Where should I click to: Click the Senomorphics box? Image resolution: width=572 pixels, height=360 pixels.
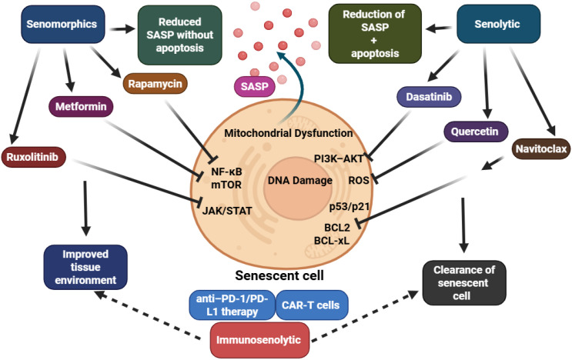(x=63, y=24)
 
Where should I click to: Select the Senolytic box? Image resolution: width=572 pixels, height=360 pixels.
(x=498, y=24)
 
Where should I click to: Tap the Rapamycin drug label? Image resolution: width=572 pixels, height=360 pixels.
(x=156, y=84)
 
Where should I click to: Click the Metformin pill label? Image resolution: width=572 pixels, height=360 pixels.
(x=81, y=106)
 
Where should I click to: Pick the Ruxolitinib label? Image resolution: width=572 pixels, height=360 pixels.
(x=33, y=157)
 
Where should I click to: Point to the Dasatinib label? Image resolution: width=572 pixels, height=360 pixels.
(x=429, y=97)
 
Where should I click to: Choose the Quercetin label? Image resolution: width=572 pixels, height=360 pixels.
(x=476, y=132)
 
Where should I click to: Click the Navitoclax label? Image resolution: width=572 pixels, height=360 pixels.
(x=541, y=148)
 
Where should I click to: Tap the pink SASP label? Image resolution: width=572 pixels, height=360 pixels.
(x=255, y=86)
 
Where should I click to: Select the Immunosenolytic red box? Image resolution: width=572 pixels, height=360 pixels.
(x=259, y=340)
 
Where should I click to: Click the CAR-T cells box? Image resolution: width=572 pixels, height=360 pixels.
(x=312, y=305)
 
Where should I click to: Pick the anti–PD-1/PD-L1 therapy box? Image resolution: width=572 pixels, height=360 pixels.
(x=232, y=305)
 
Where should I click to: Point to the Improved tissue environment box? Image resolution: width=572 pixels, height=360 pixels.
(x=85, y=267)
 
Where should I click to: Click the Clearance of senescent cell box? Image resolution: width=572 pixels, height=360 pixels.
(x=464, y=283)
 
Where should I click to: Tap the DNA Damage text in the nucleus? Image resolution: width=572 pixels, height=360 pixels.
(x=300, y=180)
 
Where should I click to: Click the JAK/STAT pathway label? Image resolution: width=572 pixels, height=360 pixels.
(x=227, y=211)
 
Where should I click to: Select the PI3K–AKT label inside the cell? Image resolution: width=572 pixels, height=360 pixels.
(x=339, y=158)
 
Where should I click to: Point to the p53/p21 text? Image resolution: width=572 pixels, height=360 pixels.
(x=349, y=207)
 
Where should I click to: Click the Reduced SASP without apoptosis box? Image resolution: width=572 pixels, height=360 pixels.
(x=180, y=35)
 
